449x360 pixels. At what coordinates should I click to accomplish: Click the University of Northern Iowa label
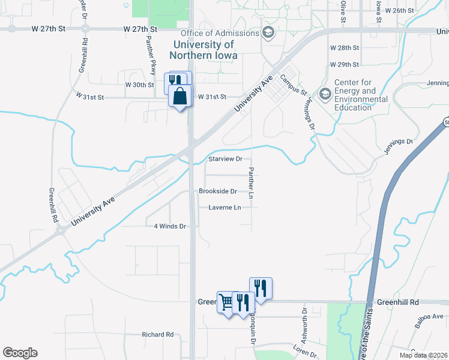point(203,50)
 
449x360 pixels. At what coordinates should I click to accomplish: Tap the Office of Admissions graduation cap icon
point(268,32)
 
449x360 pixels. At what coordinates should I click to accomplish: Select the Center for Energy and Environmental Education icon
point(325,94)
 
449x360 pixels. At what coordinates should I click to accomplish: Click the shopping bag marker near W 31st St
point(180,96)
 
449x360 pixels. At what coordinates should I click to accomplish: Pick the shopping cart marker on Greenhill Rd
point(226,302)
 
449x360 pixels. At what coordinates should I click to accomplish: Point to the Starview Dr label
point(225,159)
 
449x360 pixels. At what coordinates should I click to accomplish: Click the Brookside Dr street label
point(218,191)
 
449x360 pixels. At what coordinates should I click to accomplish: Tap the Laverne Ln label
point(224,208)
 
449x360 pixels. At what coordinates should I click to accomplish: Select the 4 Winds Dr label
point(171,226)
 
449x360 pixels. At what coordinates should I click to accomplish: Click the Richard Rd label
point(157,334)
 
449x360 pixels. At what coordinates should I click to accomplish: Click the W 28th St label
point(345,47)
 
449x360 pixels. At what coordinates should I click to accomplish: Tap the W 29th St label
point(345,64)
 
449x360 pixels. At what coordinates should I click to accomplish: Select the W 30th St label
point(140,85)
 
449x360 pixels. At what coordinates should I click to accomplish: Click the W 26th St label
point(400,11)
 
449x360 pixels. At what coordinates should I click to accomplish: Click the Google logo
point(20,353)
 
